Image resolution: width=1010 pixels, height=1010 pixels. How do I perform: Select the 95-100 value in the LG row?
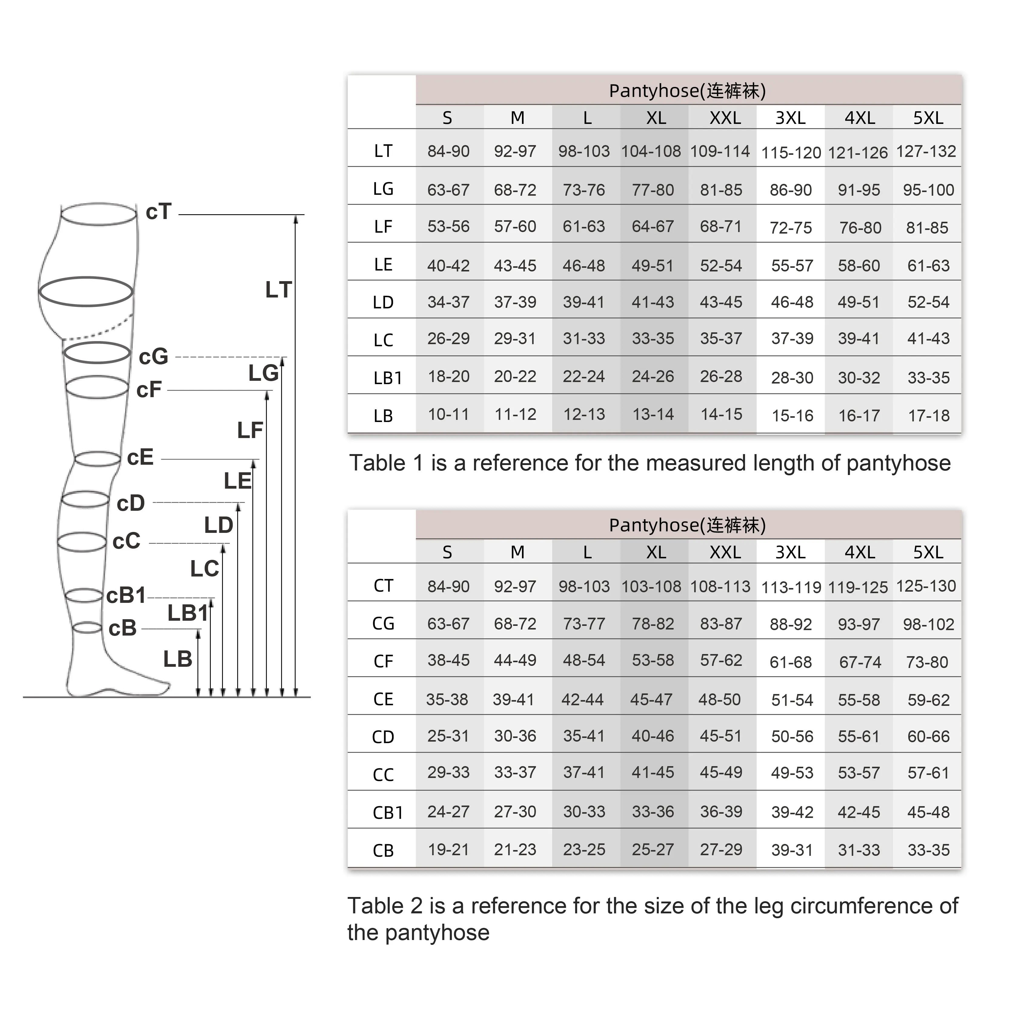[929, 190]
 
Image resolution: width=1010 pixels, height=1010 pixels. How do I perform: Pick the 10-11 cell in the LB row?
[449, 414]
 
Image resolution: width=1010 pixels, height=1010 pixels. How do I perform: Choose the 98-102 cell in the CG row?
[929, 624]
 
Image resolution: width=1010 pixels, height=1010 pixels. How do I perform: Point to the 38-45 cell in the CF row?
[449, 660]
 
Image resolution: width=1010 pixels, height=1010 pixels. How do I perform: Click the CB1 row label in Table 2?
[388, 812]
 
